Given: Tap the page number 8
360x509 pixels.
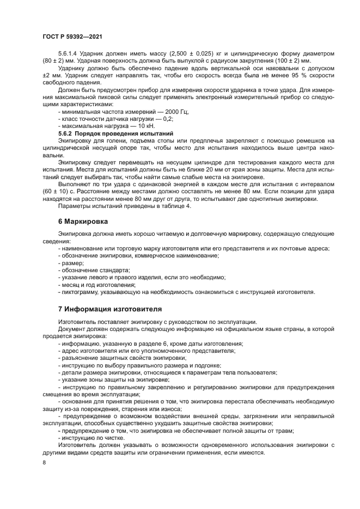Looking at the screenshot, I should point(44,462).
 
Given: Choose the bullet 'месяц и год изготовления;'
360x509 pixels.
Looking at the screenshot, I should point(96,284).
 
